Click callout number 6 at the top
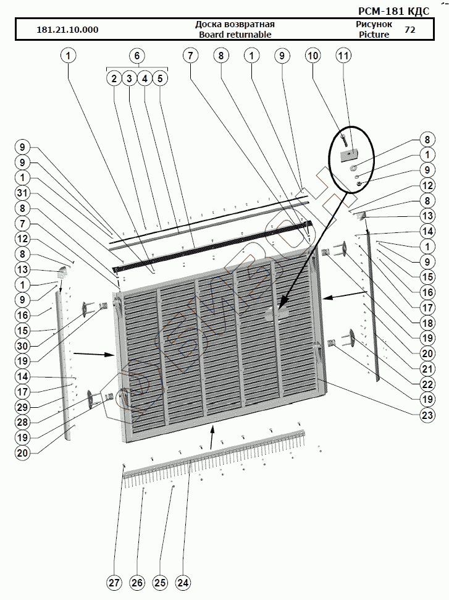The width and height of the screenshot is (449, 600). pos(137,56)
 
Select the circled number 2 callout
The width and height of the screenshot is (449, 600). pos(114,78)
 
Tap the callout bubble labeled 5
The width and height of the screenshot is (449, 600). pos(159,78)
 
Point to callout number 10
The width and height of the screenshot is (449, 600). pos(313,56)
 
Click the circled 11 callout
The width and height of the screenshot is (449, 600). pos(343,56)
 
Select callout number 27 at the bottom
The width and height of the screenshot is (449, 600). pos(114,582)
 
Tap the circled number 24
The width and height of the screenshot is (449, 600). pos(183,582)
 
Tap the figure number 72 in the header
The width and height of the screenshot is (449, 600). pos(409,29)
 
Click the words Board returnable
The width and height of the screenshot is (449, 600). pos(235,35)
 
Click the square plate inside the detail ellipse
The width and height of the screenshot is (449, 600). pos(348,153)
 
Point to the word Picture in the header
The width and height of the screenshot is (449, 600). pos(374,35)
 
